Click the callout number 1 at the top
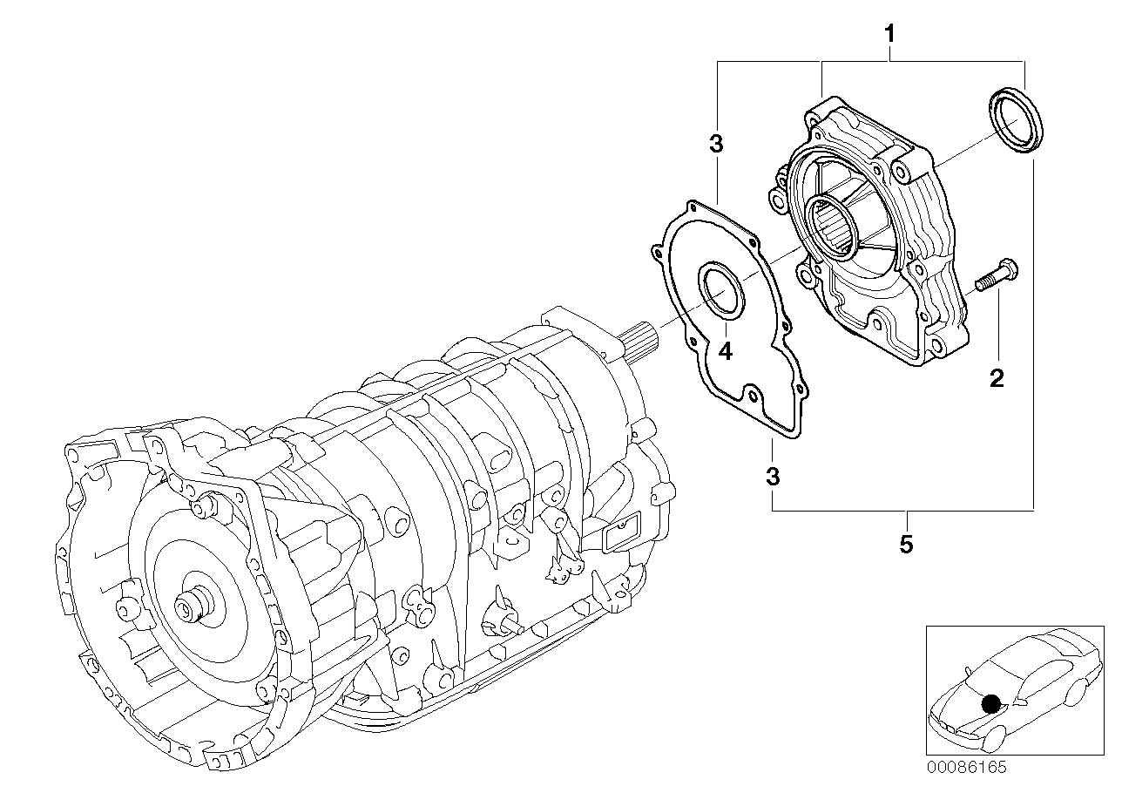pyautogui.click(x=889, y=35)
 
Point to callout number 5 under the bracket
pyautogui.click(x=906, y=545)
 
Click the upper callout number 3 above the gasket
pyautogui.click(x=716, y=145)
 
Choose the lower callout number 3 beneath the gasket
pyautogui.click(x=773, y=477)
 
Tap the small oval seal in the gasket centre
pyautogui.click(x=721, y=292)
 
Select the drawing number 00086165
pyautogui.click(x=967, y=768)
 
